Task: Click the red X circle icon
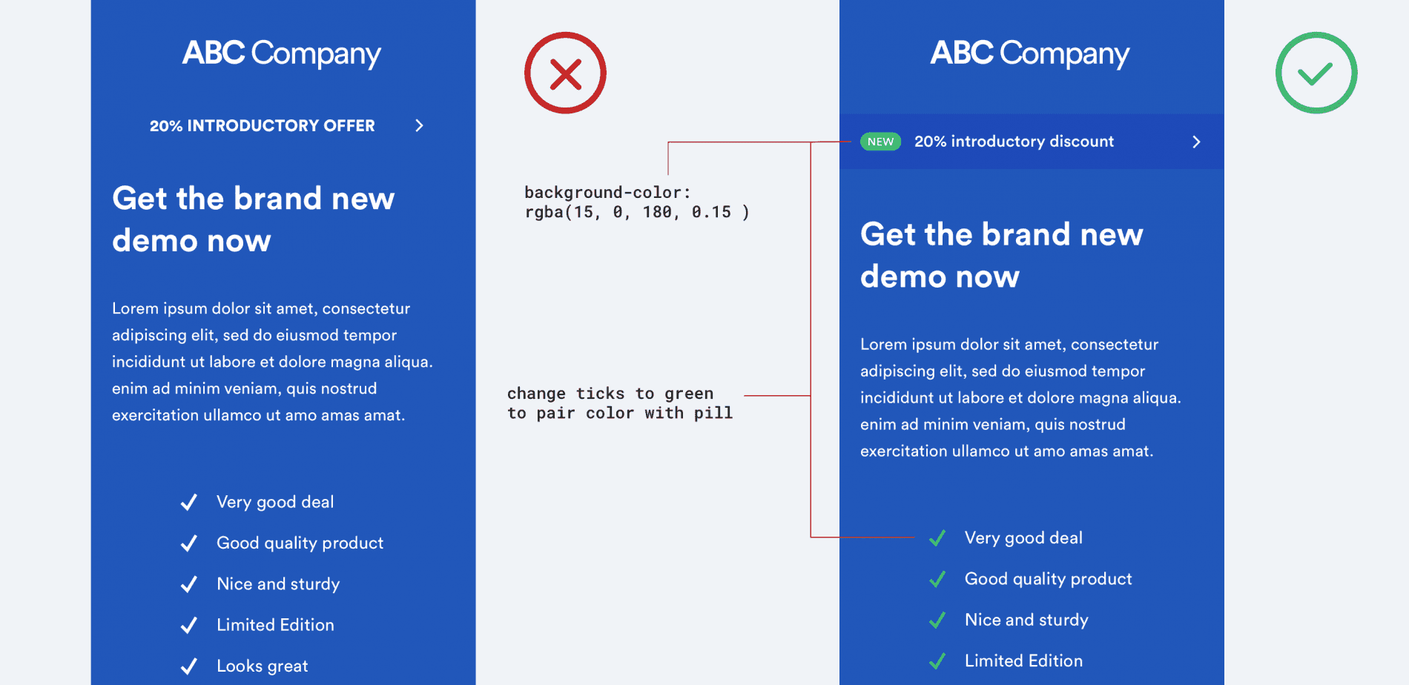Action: coord(565,73)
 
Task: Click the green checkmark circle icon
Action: coord(1316,73)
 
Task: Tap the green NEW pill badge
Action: coord(880,142)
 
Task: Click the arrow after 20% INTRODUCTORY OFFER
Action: coord(419,125)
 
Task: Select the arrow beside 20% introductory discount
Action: coord(1195,142)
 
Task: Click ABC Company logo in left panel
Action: coord(282,53)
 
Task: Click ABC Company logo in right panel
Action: coord(1030,53)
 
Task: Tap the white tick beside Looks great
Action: coord(189,666)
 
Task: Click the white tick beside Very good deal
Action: coord(189,502)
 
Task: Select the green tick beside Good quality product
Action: coord(937,579)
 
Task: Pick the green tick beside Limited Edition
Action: coord(937,661)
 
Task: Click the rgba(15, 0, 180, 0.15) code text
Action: coord(636,212)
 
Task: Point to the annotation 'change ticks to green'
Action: coord(610,394)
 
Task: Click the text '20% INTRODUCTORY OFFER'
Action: coord(262,125)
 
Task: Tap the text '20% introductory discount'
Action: coord(1014,142)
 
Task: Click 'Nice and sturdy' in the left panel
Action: coord(278,584)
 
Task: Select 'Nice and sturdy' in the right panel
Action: coord(1026,620)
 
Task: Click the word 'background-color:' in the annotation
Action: coord(607,193)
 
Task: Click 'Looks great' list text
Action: coord(262,666)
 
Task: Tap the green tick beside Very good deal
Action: coord(937,538)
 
